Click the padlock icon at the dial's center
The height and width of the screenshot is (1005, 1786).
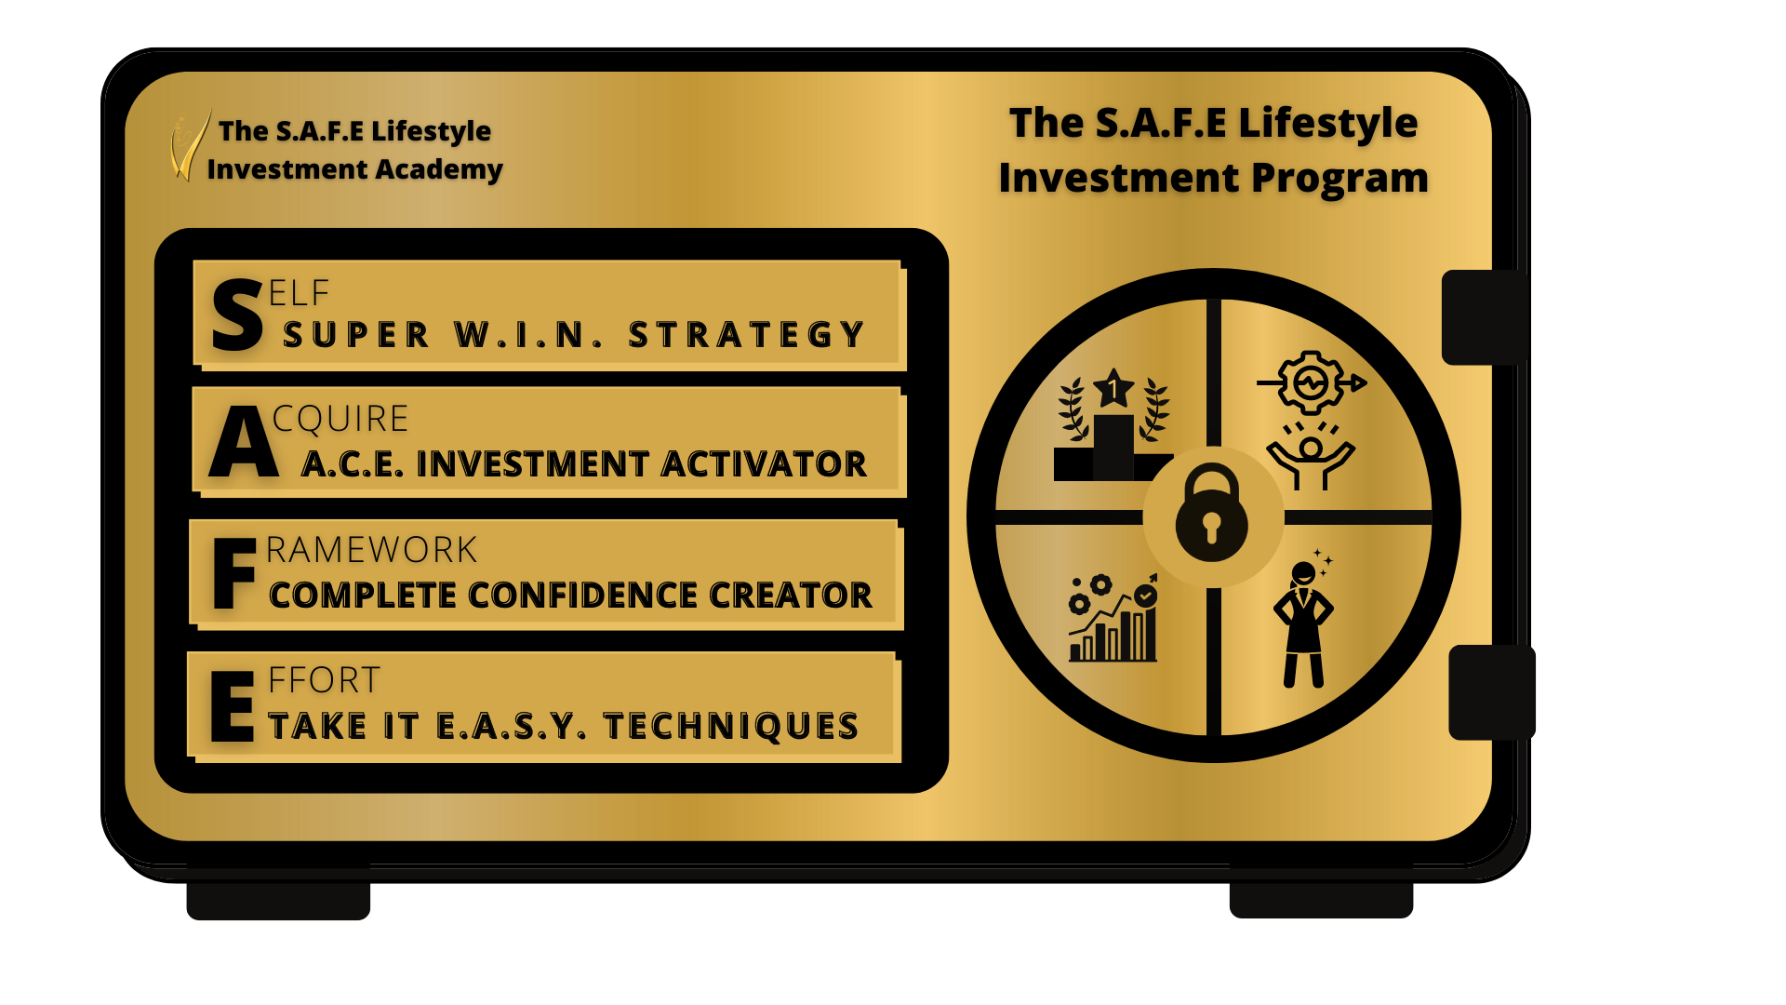(x=1211, y=513)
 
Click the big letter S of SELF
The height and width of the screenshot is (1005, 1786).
(x=237, y=315)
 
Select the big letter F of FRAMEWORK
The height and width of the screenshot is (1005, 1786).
(x=234, y=573)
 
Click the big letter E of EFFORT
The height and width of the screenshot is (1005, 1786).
(x=233, y=706)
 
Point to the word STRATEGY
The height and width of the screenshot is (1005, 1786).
(x=746, y=334)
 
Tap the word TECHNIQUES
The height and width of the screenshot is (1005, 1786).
(x=731, y=726)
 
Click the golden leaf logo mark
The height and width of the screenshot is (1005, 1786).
(x=189, y=145)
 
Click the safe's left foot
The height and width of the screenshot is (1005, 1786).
(x=278, y=891)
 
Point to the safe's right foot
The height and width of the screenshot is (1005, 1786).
(x=1321, y=890)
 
